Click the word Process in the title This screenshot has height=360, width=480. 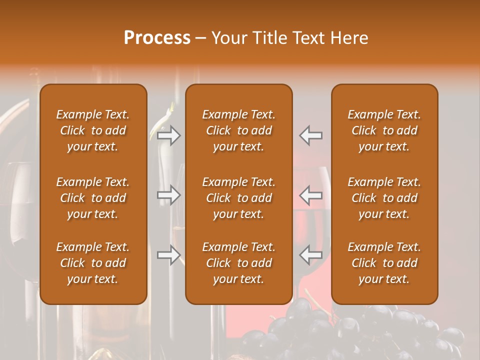click(157, 38)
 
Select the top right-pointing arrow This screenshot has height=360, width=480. click(169, 135)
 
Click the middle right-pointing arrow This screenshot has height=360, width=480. click(169, 195)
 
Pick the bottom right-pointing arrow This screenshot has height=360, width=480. click(169, 255)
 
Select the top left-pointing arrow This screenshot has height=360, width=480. click(311, 135)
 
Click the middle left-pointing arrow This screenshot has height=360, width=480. click(311, 195)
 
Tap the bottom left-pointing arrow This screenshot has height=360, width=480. click(311, 255)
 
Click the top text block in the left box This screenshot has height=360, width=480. click(93, 130)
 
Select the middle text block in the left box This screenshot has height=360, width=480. click(93, 198)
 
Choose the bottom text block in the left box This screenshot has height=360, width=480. click(93, 263)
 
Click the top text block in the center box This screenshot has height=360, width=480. click(239, 130)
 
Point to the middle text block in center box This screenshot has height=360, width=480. click(239, 198)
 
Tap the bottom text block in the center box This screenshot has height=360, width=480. click(239, 263)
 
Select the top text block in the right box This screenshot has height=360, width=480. click(384, 130)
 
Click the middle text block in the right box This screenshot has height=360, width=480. click(384, 198)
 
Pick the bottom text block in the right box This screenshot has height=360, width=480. click(384, 263)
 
